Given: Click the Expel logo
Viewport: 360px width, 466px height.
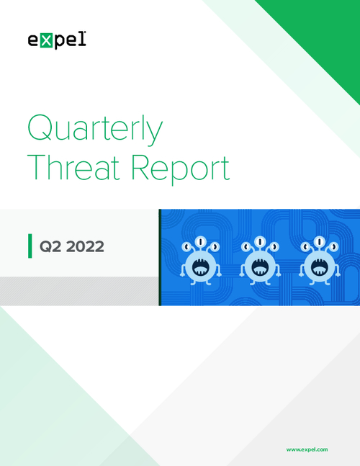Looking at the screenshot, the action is tap(57, 40).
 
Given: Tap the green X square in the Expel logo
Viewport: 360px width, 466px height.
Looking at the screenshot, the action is tap(46, 41).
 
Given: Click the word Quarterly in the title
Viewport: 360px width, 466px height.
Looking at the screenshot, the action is tap(95, 129).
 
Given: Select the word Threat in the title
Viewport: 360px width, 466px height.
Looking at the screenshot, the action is tap(73, 167).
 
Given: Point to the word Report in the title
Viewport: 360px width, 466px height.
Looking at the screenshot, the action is tap(180, 169).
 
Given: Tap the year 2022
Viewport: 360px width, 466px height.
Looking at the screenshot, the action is tap(85, 246).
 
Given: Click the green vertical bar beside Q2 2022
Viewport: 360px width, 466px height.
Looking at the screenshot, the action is tap(30, 246).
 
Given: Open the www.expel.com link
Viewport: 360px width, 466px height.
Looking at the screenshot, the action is tap(307, 449).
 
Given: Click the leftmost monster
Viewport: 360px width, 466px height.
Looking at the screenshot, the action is tap(201, 261).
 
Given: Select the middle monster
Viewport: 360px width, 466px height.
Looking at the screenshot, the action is tap(260, 261).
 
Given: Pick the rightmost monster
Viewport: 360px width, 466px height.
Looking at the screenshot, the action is tap(319, 261).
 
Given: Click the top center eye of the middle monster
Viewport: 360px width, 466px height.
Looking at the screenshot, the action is tap(260, 241).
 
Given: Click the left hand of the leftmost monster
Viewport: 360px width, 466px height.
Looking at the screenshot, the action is tap(182, 274).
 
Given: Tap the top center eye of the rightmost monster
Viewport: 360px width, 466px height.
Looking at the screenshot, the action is tap(319, 241).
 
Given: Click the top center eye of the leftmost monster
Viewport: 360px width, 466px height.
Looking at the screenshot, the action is tap(201, 241).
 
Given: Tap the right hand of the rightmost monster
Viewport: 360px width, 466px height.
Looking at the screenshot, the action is tap(338, 274).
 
